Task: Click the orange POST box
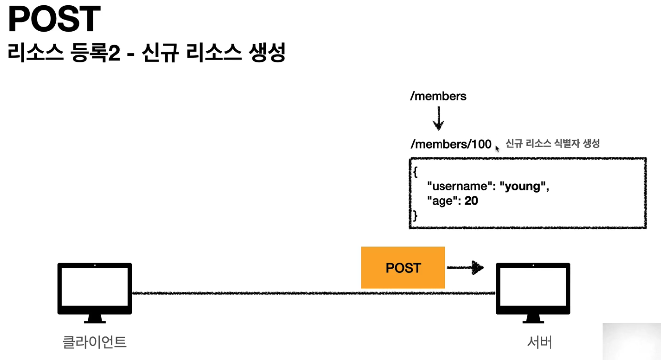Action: click(403, 268)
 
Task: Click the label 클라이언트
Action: click(95, 342)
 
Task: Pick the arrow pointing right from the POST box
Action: click(465, 268)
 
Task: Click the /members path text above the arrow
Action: click(438, 96)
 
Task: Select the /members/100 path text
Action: click(450, 144)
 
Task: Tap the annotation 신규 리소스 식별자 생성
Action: click(552, 144)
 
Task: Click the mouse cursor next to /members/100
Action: click(497, 148)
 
